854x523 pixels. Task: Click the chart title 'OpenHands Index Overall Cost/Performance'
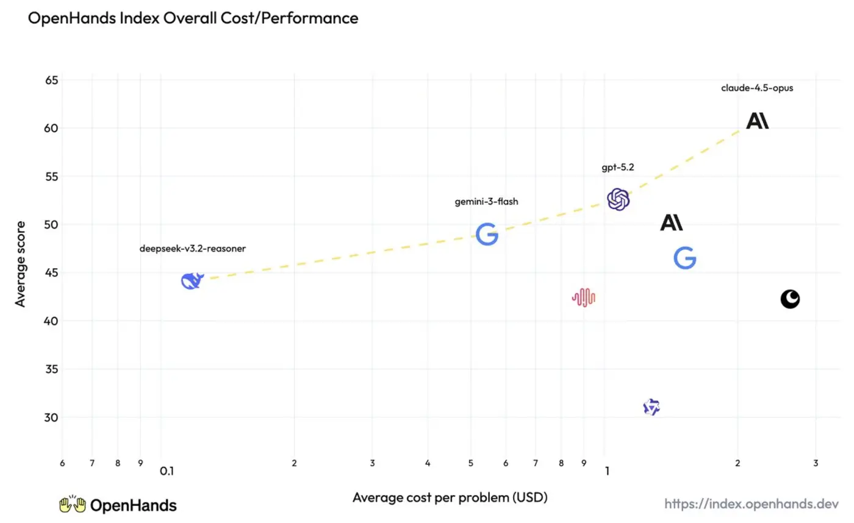(193, 18)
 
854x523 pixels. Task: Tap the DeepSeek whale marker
(192, 281)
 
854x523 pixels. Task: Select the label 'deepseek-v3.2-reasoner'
(193, 248)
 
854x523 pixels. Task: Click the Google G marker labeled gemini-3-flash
(487, 234)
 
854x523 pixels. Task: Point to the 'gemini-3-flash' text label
(487, 202)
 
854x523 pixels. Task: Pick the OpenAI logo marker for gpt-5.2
(618, 199)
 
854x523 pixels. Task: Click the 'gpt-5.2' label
(617, 167)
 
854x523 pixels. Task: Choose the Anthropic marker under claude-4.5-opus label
(757, 121)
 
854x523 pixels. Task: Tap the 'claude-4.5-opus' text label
(757, 88)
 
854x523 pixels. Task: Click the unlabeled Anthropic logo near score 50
(672, 222)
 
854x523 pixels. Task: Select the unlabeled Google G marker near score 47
(684, 258)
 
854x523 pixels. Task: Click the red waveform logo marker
(583, 297)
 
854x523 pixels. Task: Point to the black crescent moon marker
(790, 299)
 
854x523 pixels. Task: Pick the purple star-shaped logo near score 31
(651, 407)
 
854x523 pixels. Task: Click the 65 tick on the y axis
(51, 80)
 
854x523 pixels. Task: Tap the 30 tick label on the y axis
(51, 418)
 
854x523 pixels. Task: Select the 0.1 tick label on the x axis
(167, 471)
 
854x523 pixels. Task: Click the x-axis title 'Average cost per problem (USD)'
(450, 497)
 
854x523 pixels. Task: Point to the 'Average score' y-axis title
(20, 264)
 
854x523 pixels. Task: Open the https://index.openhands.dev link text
(752, 504)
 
